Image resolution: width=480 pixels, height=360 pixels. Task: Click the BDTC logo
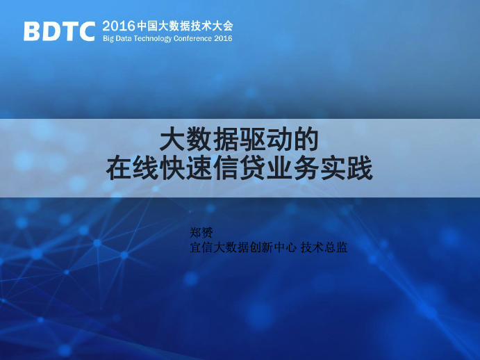tap(59, 31)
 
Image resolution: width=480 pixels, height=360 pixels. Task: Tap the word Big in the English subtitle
tap(108, 39)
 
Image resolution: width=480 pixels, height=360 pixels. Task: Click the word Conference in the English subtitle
tap(192, 39)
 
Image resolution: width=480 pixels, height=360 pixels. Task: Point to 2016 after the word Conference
tap(223, 39)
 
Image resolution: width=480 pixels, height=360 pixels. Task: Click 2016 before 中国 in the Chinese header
tap(119, 26)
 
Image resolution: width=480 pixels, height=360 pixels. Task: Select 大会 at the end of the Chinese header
tap(222, 26)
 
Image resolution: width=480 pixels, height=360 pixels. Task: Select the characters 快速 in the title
tap(185, 168)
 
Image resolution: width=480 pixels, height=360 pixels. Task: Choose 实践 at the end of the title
tap(346, 168)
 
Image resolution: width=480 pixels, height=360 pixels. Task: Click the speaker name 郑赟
tap(201, 233)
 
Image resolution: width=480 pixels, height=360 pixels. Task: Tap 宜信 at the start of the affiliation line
tap(201, 247)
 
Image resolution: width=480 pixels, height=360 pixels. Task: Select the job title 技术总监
tap(324, 247)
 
